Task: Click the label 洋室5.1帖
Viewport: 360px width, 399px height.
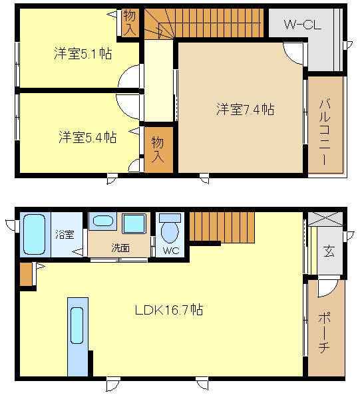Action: [x=83, y=53]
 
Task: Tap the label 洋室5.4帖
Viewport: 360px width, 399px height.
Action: [x=88, y=137]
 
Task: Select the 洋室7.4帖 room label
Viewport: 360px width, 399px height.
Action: [x=245, y=110]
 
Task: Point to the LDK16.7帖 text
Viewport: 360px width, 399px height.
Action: [x=169, y=310]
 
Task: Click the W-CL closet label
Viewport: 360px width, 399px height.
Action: [x=303, y=25]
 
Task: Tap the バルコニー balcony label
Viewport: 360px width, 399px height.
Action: [x=325, y=132]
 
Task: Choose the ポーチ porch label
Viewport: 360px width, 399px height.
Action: [x=324, y=333]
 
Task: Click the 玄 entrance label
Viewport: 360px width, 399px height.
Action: [x=329, y=251]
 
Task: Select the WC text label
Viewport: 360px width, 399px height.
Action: [x=171, y=251]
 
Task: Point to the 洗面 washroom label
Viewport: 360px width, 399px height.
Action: [x=120, y=247]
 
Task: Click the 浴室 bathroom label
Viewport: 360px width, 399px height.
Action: [x=65, y=234]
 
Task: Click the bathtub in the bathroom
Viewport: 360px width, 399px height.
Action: [x=35, y=234]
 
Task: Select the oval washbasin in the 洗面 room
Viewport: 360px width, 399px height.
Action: [x=102, y=221]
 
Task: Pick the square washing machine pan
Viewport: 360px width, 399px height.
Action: [x=134, y=223]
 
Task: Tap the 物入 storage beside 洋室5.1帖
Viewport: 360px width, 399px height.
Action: [x=130, y=23]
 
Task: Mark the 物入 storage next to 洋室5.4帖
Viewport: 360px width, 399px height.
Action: [x=158, y=150]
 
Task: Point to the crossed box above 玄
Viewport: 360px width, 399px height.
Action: [x=325, y=219]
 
